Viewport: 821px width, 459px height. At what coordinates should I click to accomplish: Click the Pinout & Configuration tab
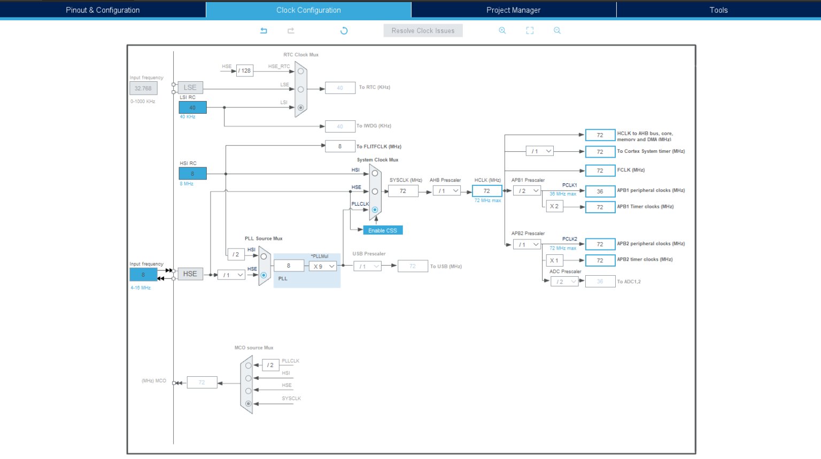coord(103,10)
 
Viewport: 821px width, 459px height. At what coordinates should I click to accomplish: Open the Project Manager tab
coord(513,10)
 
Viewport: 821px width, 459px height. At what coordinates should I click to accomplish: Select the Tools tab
coord(718,10)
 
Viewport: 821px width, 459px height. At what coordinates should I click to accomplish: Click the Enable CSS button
coord(383,230)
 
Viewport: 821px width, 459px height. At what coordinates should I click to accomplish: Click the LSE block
coord(190,88)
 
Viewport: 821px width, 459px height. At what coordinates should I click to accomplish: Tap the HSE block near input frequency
coord(190,274)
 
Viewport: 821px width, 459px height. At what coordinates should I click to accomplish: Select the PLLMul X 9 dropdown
coord(323,266)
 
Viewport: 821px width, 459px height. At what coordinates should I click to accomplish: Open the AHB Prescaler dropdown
coord(447,191)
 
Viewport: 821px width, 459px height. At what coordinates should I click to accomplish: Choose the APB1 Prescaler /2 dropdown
coord(527,191)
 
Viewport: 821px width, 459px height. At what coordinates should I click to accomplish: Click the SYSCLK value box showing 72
coord(403,191)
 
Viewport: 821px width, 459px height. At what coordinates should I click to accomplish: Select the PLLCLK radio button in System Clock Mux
coord(375,209)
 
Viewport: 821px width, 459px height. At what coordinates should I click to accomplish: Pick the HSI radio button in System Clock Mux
coord(375,173)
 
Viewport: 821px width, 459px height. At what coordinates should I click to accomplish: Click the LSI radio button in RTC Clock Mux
coord(301,107)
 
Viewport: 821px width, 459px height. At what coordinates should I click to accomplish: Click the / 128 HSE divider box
coord(245,71)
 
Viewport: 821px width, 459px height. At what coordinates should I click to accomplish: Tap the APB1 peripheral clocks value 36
coord(600,191)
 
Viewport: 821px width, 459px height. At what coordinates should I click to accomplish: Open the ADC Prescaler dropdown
coord(564,282)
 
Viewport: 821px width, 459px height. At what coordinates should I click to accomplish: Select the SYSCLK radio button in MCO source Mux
coord(249,403)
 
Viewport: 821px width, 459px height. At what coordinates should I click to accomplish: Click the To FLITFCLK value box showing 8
coord(340,146)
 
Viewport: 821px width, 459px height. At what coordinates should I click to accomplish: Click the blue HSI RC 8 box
coord(192,174)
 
